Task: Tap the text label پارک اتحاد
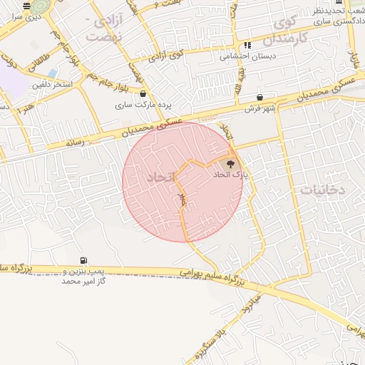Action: (230, 174)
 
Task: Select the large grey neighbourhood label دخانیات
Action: (323, 190)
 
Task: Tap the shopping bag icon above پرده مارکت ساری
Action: (143, 93)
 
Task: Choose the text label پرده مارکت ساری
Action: (142, 104)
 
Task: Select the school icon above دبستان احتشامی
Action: (247, 45)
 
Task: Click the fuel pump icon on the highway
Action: (84, 260)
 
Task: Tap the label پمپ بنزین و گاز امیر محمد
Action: (83, 277)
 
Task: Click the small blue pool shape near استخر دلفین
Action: (52, 73)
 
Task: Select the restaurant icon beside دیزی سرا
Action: (26, 6)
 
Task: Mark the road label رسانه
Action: (74, 143)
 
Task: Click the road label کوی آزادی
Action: (170, 53)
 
